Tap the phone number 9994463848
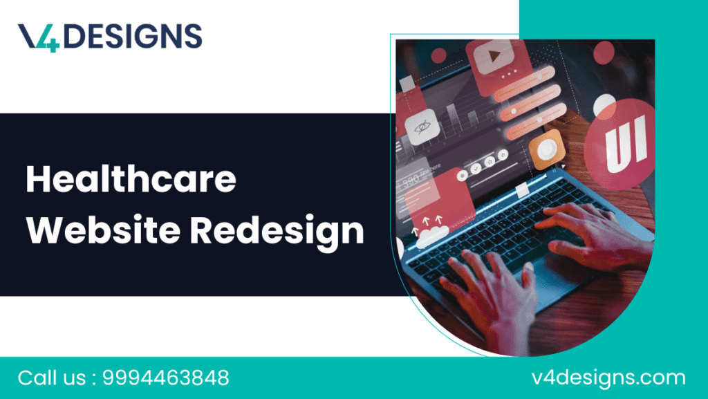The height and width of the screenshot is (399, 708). [x=165, y=378]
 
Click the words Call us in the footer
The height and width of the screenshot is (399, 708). [x=51, y=378]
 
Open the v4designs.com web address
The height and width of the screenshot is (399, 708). [x=608, y=378]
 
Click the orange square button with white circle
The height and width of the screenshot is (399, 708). [x=547, y=148]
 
